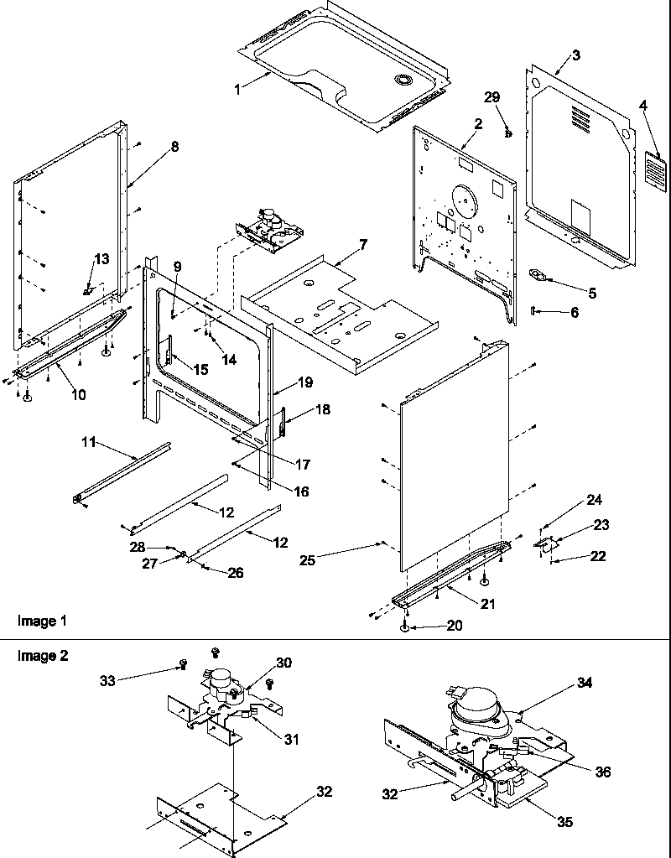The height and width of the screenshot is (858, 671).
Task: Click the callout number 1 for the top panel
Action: tap(237, 88)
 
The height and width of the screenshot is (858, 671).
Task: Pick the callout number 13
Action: tap(101, 259)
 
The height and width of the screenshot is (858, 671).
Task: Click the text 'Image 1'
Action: tap(42, 621)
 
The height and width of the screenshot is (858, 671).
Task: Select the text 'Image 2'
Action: tap(42, 656)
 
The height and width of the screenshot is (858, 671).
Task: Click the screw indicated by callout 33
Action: tap(182, 665)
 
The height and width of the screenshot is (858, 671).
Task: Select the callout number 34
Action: tap(585, 683)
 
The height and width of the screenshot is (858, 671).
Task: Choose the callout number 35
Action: tap(565, 822)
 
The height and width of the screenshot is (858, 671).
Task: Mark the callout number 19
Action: tap(304, 382)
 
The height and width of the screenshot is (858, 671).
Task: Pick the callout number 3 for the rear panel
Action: tap(575, 55)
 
